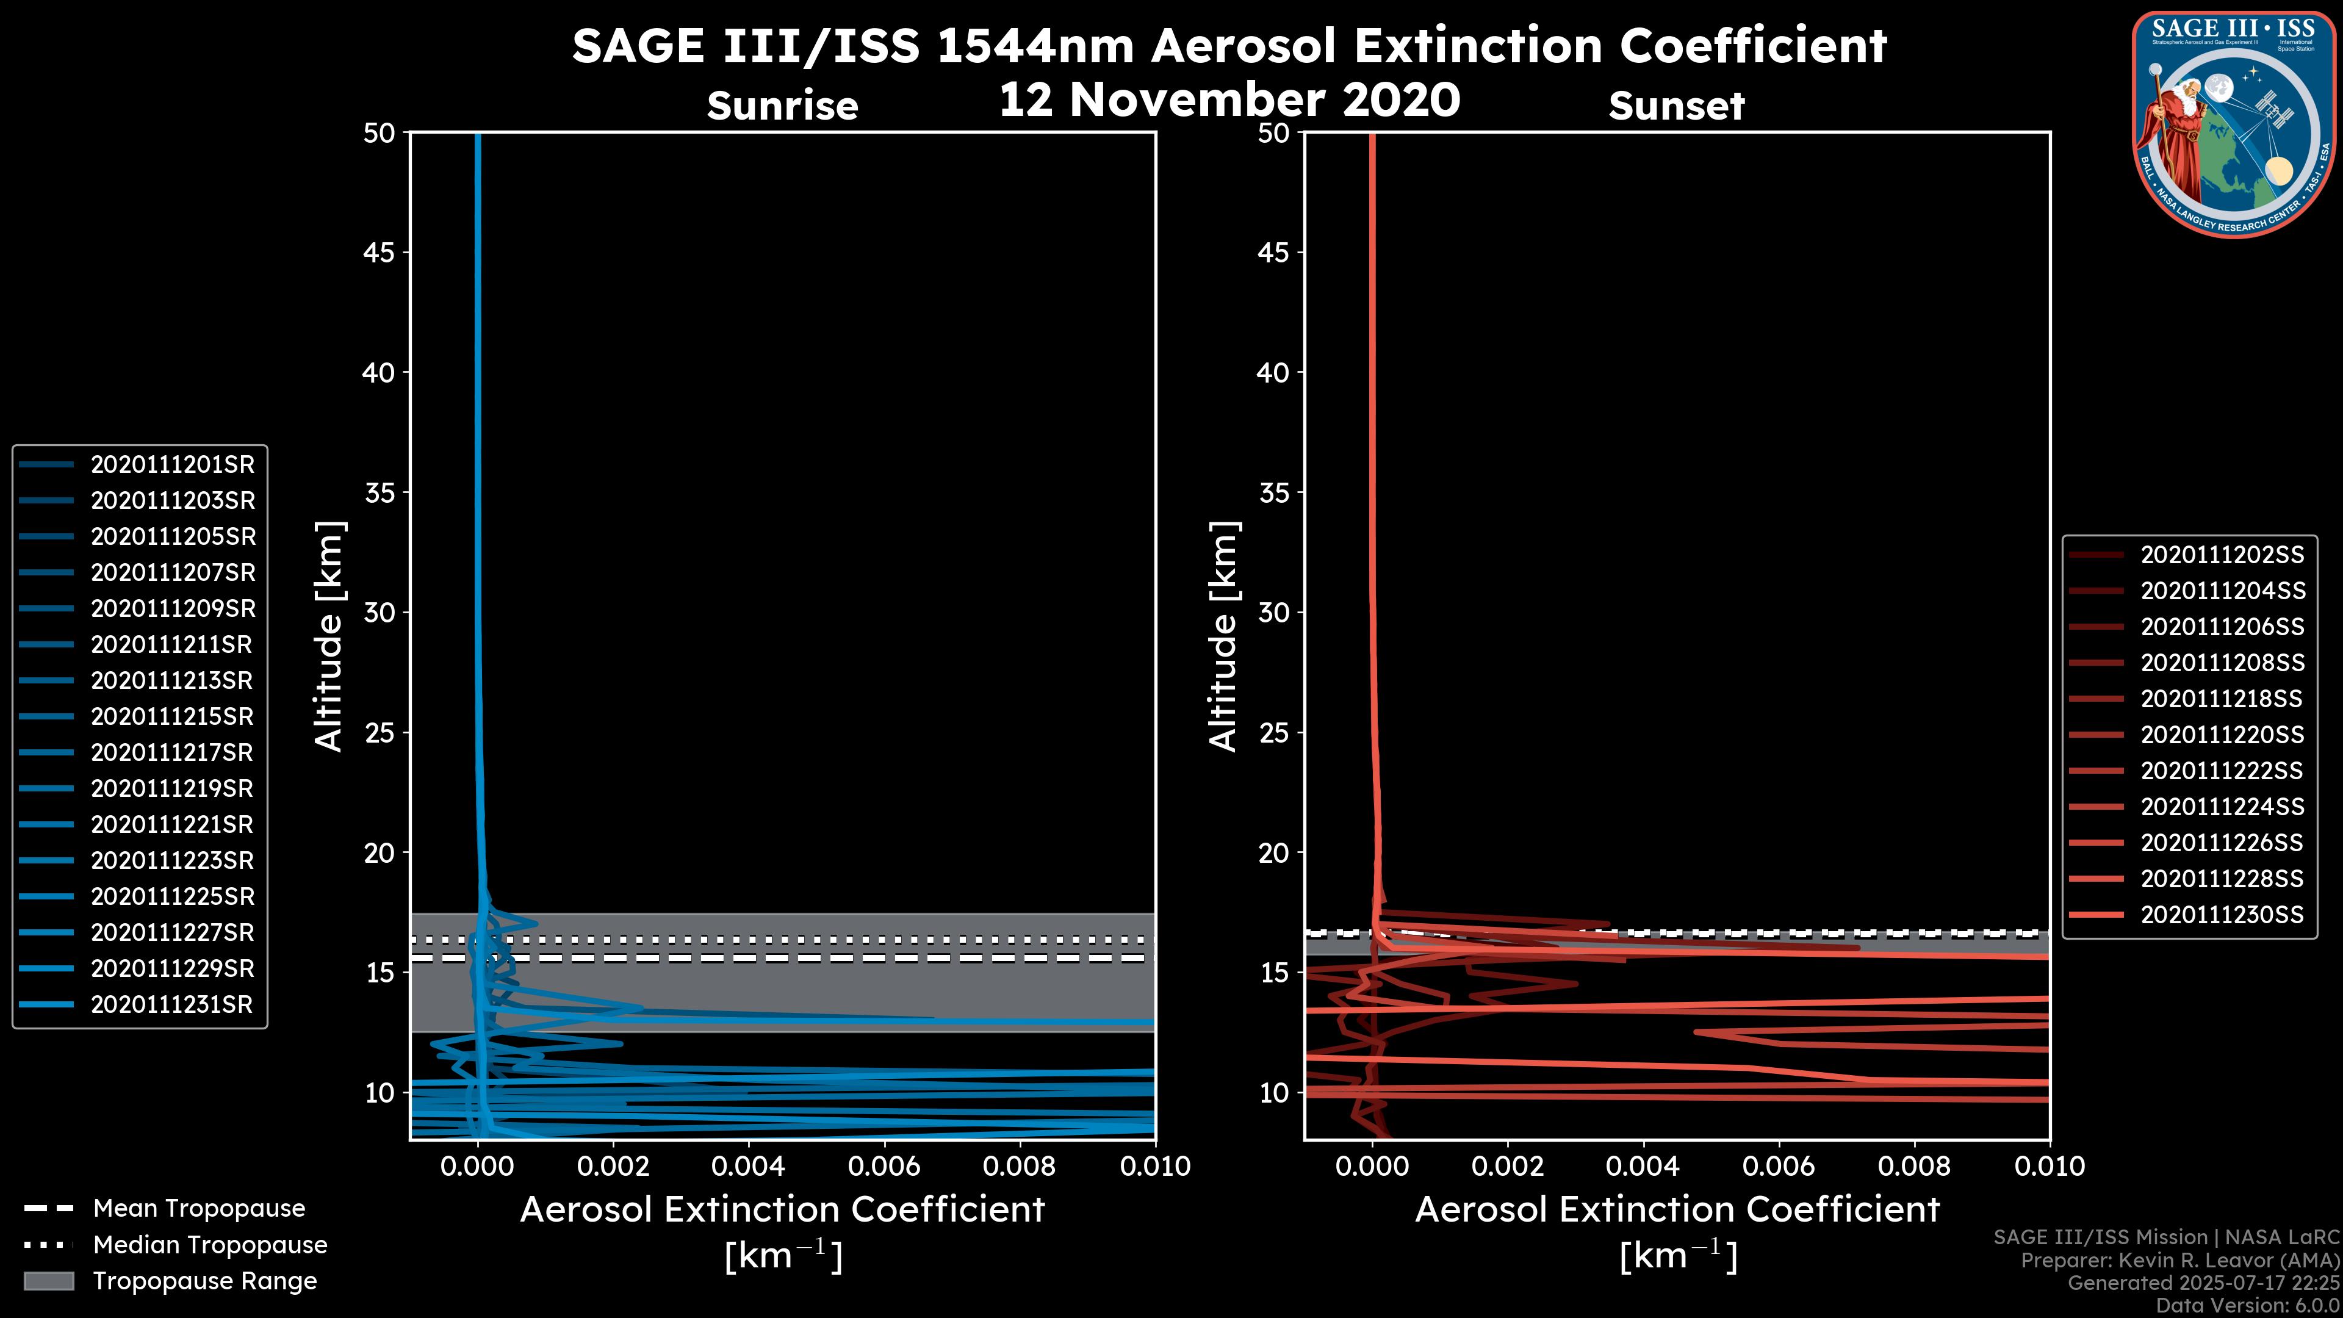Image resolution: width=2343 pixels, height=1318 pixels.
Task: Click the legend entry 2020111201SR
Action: coord(173,465)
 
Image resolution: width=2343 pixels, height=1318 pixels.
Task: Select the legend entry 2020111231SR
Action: coord(172,1005)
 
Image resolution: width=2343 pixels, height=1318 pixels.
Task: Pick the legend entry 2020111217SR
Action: coord(172,753)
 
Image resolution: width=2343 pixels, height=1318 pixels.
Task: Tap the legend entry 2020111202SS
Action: coord(2222,555)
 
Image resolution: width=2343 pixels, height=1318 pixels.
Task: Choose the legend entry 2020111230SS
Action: coord(2222,915)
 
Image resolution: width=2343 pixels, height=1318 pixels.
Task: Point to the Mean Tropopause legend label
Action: coord(199,1209)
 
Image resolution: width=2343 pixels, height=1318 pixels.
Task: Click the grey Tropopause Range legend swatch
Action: coord(49,1281)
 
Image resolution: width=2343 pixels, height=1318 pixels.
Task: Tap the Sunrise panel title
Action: coord(782,106)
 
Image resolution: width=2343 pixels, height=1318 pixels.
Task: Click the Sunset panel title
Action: coord(1676,106)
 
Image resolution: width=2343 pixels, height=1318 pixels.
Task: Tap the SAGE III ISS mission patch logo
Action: coord(2234,124)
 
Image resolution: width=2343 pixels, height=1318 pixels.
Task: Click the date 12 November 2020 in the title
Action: coord(1229,100)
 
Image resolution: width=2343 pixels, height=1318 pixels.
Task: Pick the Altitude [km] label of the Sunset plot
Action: coord(1224,636)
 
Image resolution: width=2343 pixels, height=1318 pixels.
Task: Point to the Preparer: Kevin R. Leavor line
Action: coord(2179,1261)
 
